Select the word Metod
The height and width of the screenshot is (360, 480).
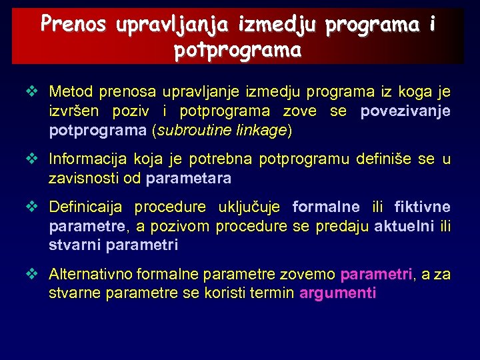click(x=71, y=91)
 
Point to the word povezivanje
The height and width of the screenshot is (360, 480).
click(x=405, y=111)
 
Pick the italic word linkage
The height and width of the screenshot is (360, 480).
click(x=261, y=131)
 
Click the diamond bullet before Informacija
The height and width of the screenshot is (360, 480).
click(x=31, y=159)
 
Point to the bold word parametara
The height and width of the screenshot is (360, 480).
click(x=189, y=179)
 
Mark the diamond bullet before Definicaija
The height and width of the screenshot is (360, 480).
click(x=31, y=207)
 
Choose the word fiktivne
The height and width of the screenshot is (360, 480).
click(x=422, y=207)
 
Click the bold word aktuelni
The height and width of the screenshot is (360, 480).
click(x=403, y=227)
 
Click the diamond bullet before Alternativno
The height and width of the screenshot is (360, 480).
click(x=31, y=274)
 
